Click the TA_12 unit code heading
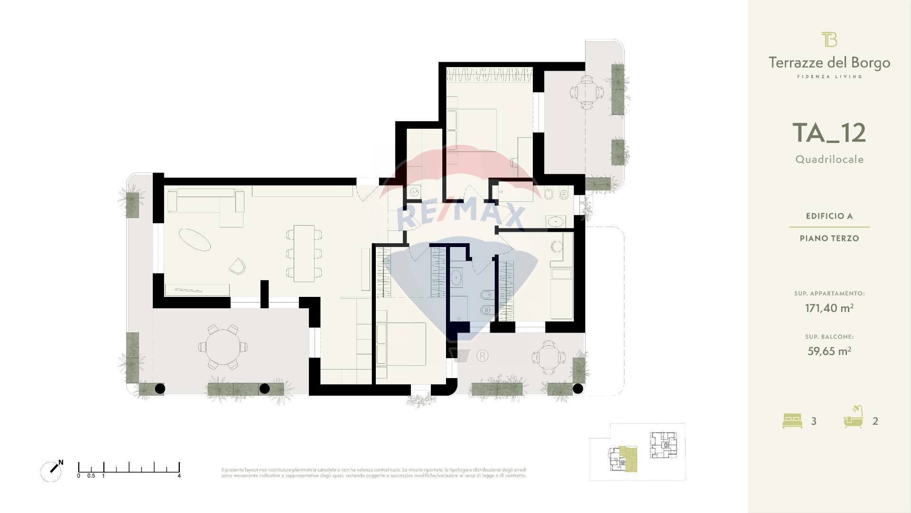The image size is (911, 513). [x=829, y=133]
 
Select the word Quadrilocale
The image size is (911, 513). [x=829, y=160]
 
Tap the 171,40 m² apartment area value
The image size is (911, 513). [x=829, y=308]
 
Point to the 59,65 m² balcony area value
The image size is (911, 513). [x=829, y=351]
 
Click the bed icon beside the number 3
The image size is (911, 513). [x=792, y=421]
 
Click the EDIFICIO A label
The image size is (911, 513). [x=829, y=216]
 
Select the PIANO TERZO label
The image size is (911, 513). [x=829, y=238]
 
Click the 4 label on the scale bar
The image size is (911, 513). [x=179, y=475]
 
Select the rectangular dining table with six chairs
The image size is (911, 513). [x=304, y=253]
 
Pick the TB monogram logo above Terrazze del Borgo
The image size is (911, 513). [x=829, y=40]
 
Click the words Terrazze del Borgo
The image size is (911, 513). [x=829, y=63]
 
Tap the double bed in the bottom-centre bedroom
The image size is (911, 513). [x=403, y=343]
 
